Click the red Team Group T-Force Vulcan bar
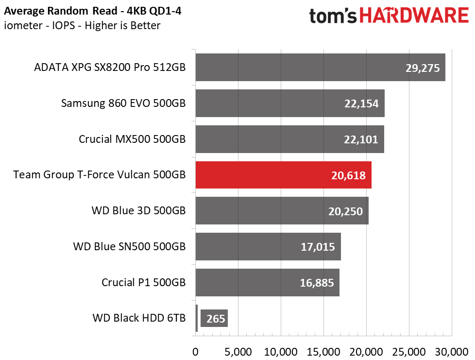point(283,175)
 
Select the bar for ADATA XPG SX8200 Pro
point(320,67)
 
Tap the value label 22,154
point(361,103)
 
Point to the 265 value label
point(216,319)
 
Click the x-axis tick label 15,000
point(323,352)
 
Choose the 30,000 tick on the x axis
point(452,352)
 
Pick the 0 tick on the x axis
point(195,352)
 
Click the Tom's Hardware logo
point(389,16)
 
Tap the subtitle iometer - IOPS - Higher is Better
point(82,25)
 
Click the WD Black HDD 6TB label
point(139,318)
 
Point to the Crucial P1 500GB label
point(144,282)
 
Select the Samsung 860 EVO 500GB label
point(123,103)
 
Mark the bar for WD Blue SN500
point(268,246)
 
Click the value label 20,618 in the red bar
point(348,175)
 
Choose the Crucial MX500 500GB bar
point(290,139)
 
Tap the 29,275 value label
point(423,68)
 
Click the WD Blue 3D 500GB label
point(139,210)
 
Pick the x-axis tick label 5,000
point(238,352)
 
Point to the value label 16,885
point(317,283)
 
